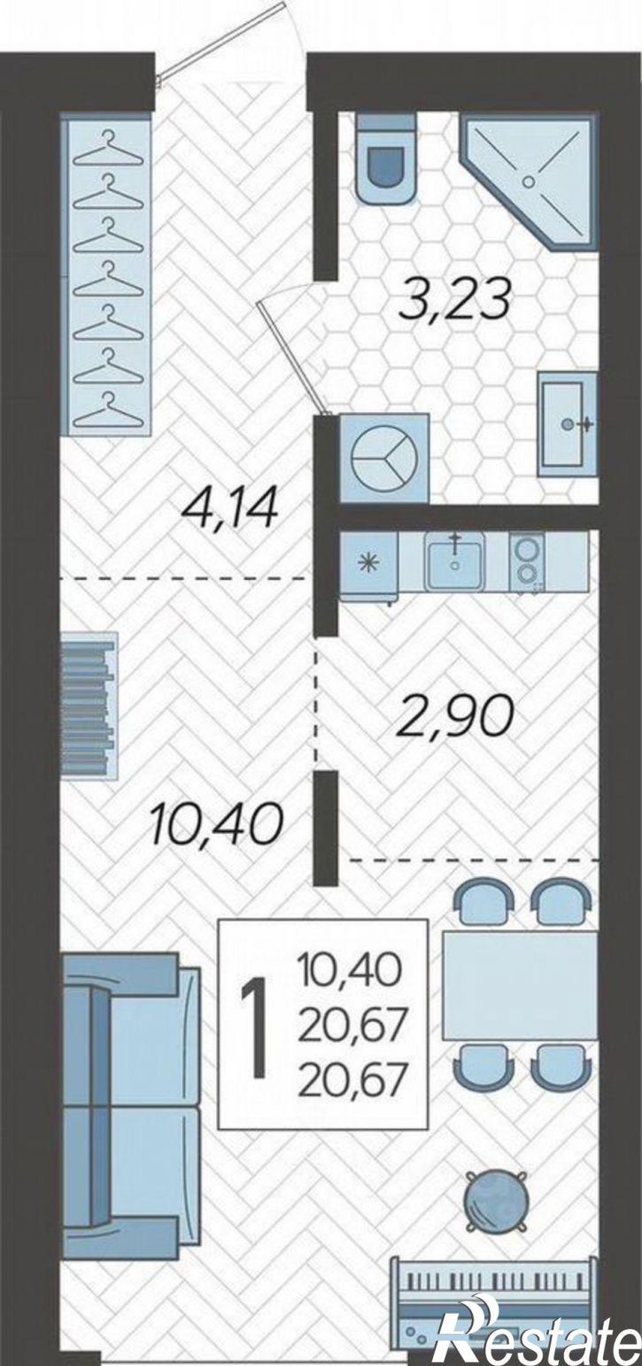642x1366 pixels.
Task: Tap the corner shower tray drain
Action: pos(530,181)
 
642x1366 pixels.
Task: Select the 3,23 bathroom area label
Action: pos(452,303)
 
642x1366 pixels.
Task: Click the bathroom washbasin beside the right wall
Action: pos(568,424)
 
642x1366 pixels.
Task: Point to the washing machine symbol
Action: pos(383,459)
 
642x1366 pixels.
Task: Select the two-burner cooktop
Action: pos(524,561)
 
